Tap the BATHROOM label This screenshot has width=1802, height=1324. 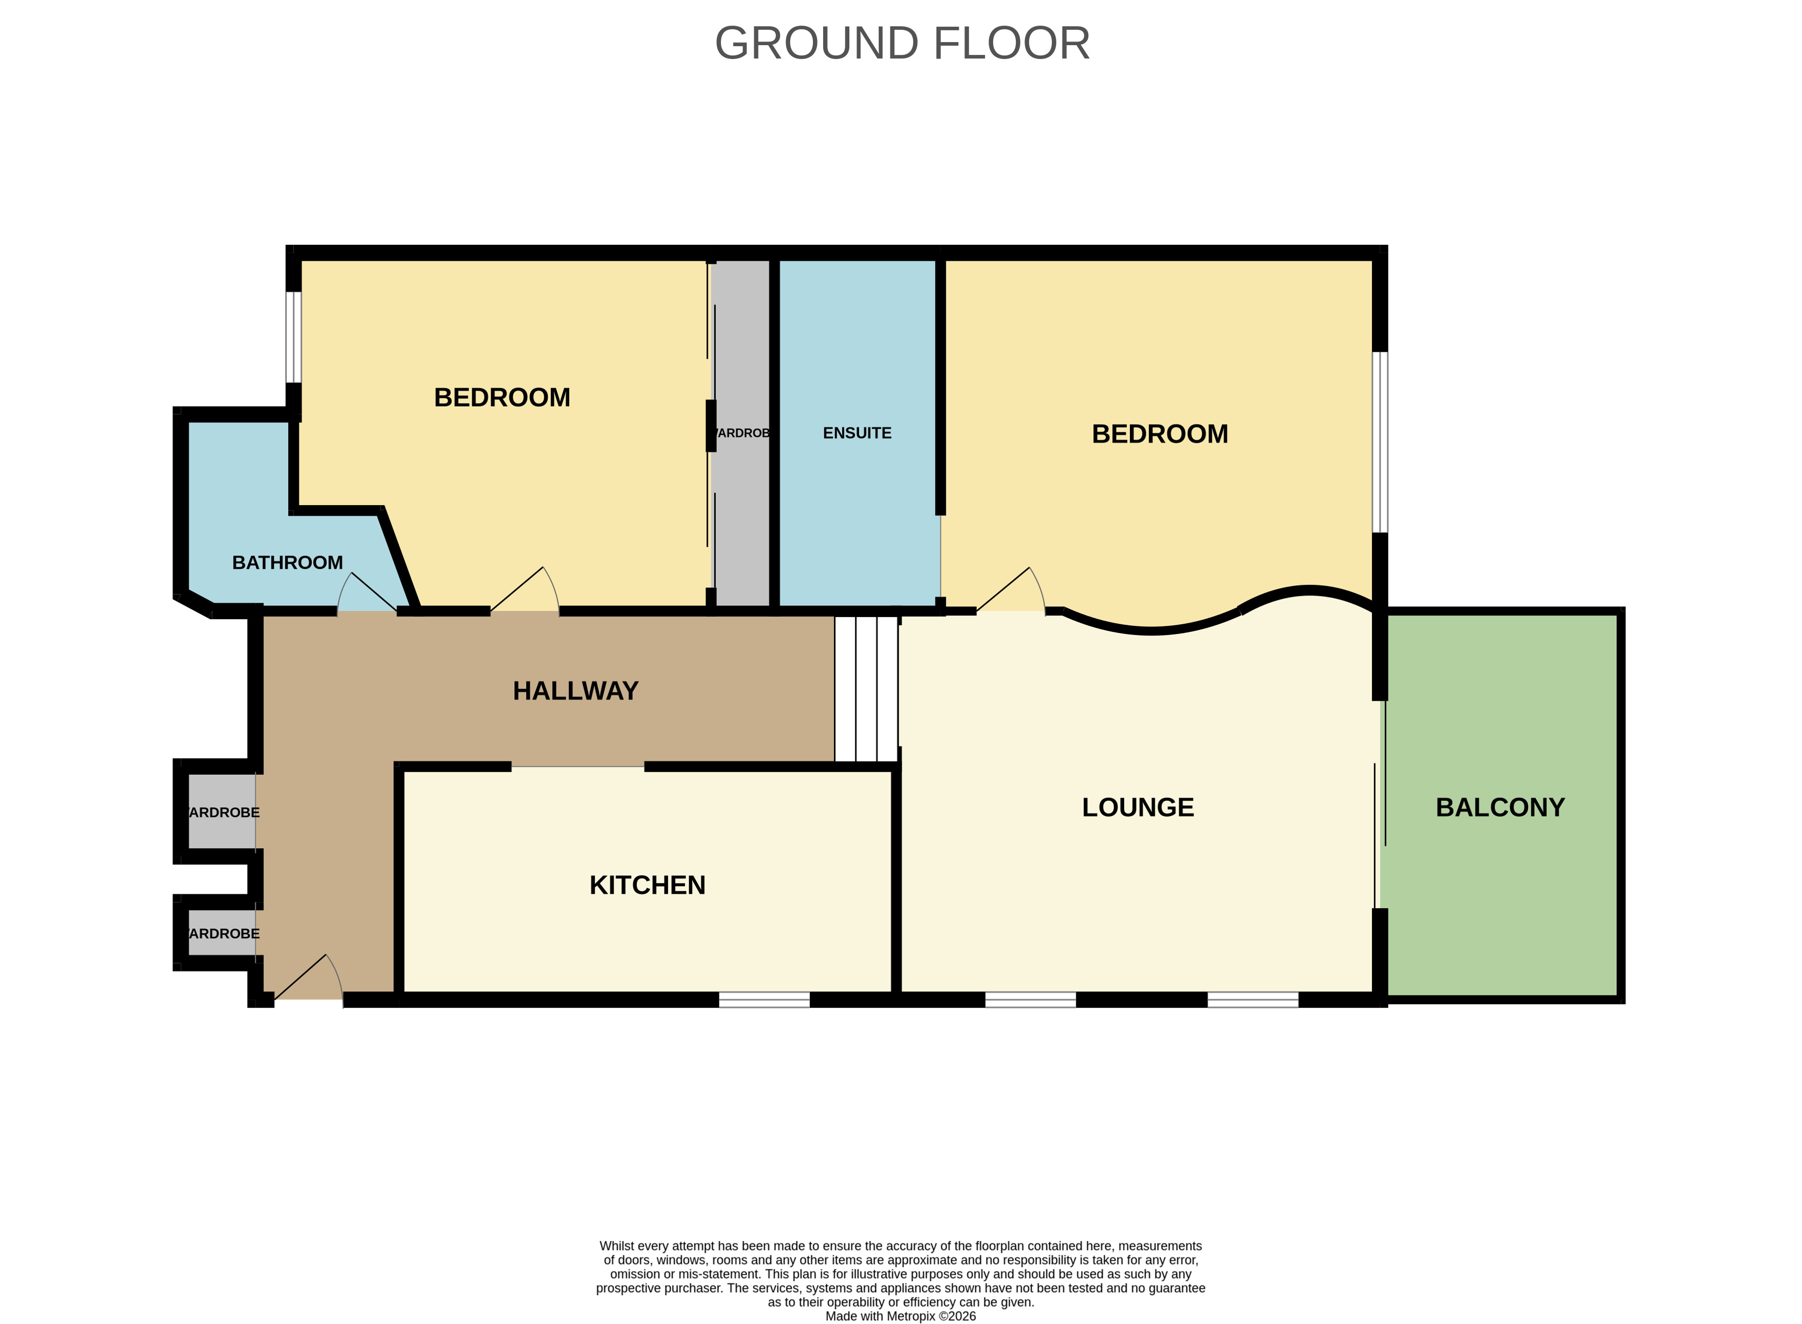click(287, 563)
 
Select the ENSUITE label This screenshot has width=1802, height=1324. click(857, 433)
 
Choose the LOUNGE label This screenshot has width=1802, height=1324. click(1137, 807)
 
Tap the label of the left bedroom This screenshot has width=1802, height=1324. click(501, 397)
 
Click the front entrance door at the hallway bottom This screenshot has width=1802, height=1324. click(309, 981)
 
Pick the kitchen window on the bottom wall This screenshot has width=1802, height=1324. click(764, 1000)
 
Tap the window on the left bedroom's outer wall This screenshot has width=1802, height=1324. click(293, 337)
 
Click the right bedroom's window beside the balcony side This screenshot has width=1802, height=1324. click(1379, 442)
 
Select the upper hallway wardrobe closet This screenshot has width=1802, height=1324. click(222, 811)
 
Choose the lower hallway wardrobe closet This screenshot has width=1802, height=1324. click(222, 933)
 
